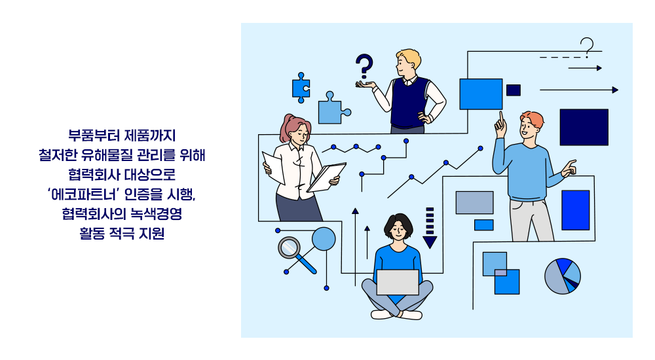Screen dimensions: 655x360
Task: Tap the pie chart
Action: pyautogui.click(x=563, y=276)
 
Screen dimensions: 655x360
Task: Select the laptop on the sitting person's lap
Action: pyautogui.click(x=398, y=282)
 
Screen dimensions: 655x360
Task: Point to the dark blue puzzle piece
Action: pyautogui.click(x=301, y=87)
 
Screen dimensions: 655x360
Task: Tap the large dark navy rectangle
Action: pyautogui.click(x=584, y=127)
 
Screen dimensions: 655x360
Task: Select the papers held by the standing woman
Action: pyautogui.click(x=326, y=177)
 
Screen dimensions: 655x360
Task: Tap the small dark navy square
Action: pyautogui.click(x=514, y=90)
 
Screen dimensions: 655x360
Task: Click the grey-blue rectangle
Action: pyautogui.click(x=474, y=202)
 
